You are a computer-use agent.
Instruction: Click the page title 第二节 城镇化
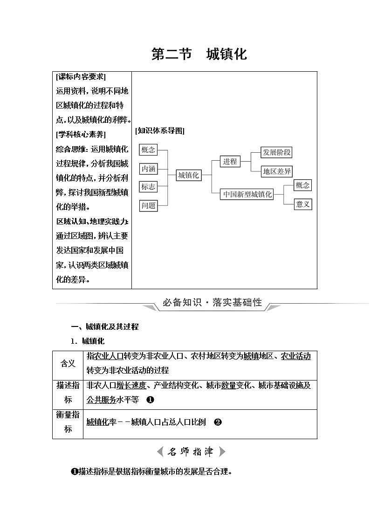click(199, 54)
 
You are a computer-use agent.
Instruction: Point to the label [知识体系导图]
click(159, 131)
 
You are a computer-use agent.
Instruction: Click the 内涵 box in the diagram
click(148, 168)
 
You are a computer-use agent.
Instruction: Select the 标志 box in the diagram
click(148, 187)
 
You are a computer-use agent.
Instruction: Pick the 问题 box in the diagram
click(148, 205)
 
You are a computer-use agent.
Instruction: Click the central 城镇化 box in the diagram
click(188, 175)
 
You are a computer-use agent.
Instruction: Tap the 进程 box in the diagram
click(230, 162)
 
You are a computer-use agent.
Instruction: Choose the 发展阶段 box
click(277, 152)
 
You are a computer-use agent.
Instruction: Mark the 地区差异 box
click(277, 171)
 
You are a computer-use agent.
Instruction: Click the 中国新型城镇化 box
click(247, 194)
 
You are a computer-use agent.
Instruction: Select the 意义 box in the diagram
click(303, 204)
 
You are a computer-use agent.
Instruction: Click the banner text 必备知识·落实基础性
click(212, 303)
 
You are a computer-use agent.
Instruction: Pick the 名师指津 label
click(191, 451)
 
